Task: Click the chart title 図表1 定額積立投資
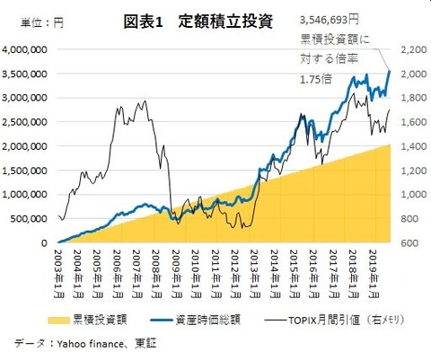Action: (x=200, y=20)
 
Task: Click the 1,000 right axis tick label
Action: (x=411, y=194)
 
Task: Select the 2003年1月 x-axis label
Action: (x=58, y=274)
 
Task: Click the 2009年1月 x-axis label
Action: (x=177, y=274)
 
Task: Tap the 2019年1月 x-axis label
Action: (x=375, y=274)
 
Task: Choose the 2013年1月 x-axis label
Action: (x=256, y=274)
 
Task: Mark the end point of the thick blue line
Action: (x=390, y=71)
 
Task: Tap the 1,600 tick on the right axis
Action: (x=411, y=122)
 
